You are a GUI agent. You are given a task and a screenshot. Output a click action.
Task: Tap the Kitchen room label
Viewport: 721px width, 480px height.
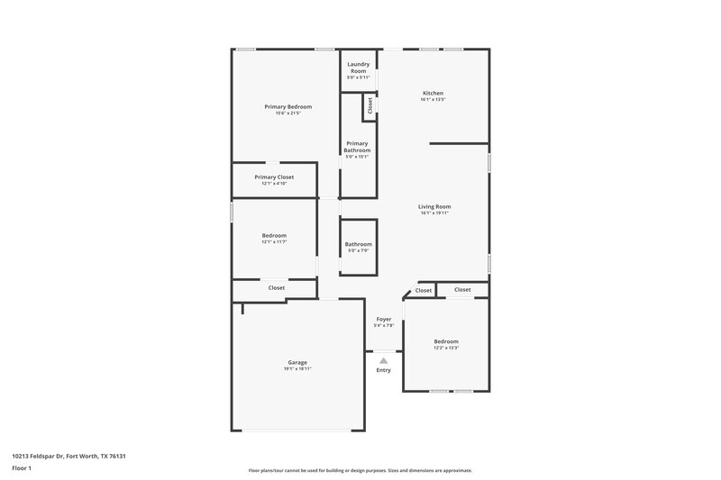433,93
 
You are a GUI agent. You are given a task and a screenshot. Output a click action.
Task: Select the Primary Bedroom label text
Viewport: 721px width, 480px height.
287,106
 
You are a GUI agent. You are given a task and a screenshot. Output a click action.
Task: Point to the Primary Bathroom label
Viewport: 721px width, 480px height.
358,147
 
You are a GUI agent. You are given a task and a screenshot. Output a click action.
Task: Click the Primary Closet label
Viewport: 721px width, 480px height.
274,177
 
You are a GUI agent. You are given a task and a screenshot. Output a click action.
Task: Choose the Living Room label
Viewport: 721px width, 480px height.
434,206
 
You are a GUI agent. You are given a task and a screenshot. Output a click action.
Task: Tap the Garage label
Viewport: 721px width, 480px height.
297,362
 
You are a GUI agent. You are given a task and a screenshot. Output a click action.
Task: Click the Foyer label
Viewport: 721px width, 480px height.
383,320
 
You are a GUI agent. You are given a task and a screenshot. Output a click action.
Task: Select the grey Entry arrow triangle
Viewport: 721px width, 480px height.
383,360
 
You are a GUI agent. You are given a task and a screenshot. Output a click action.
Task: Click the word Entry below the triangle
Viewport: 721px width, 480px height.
383,370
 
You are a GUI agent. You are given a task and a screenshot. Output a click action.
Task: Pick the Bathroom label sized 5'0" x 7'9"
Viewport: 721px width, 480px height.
358,244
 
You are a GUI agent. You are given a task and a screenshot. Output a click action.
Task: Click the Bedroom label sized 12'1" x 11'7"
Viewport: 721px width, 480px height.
274,235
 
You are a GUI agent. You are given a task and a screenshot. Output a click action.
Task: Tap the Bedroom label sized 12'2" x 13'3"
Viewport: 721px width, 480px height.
446,341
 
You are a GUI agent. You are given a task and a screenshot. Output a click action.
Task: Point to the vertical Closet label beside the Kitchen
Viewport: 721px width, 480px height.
370,105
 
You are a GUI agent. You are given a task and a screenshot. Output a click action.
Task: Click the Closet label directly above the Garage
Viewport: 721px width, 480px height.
277,287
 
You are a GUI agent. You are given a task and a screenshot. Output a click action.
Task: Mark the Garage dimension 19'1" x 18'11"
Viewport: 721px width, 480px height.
297,369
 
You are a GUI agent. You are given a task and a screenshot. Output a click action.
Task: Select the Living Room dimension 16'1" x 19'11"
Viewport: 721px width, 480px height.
434,213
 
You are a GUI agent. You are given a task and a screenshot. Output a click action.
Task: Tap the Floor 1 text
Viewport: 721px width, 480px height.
22,469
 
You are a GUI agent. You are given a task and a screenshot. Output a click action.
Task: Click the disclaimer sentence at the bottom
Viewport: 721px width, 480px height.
360,470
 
